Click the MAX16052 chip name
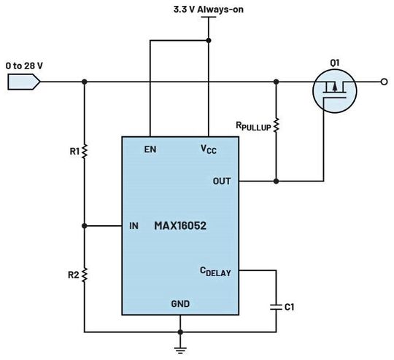[180, 226]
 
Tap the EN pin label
[150, 149]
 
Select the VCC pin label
[208, 149]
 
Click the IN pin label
[133, 226]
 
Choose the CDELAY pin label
[215, 271]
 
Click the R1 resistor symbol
[85, 152]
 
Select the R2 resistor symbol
[85, 275]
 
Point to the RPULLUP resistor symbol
[277, 126]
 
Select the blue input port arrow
[24, 82]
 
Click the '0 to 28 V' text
[24, 66]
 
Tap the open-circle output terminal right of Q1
[385, 82]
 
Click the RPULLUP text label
[252, 125]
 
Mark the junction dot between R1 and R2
[85, 226]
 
